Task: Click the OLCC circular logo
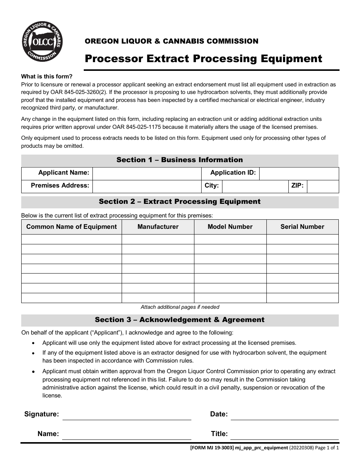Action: click(42, 42)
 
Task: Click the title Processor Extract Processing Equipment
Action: click(203, 59)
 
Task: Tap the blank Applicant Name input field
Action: click(147, 173)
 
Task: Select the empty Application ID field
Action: click(299, 173)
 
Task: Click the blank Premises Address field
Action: click(147, 186)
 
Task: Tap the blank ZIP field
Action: click(322, 186)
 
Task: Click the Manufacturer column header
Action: click(158, 227)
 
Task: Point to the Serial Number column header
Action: click(302, 227)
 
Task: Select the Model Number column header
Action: click(230, 227)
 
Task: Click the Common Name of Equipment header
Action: click(72, 227)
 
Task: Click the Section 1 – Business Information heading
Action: click(180, 160)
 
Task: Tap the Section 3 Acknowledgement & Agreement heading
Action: click(180, 320)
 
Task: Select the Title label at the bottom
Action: click(219, 434)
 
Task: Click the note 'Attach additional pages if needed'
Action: click(180, 307)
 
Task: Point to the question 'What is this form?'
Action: click(47, 76)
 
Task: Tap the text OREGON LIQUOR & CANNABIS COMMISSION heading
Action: click(171, 41)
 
